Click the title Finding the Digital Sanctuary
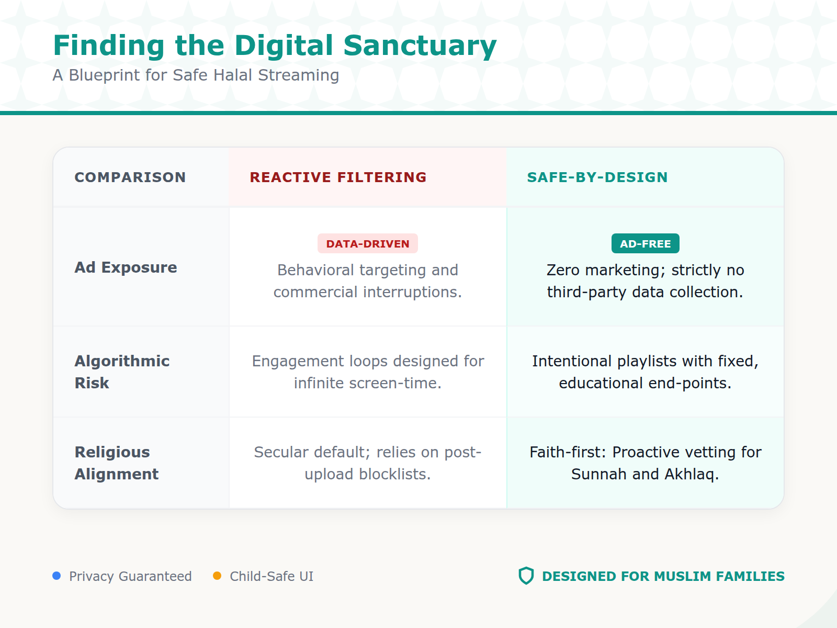pos(275,46)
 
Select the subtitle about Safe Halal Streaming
pos(196,75)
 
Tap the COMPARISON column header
pos(130,177)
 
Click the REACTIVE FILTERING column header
pos(338,177)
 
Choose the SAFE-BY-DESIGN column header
pos(597,177)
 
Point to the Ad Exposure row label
pos(126,267)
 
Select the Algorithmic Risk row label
pos(122,372)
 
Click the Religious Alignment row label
pos(116,463)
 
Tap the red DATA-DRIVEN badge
pos(368,244)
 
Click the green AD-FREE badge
pos(645,244)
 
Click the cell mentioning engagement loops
pos(368,372)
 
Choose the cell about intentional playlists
pos(645,372)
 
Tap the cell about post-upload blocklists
pos(368,463)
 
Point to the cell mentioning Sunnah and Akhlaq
pos(645,463)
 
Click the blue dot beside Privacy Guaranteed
pos(56,576)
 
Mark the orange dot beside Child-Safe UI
pos(217,576)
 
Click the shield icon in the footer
pos(526,576)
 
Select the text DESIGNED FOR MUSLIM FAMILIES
pos(663,576)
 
